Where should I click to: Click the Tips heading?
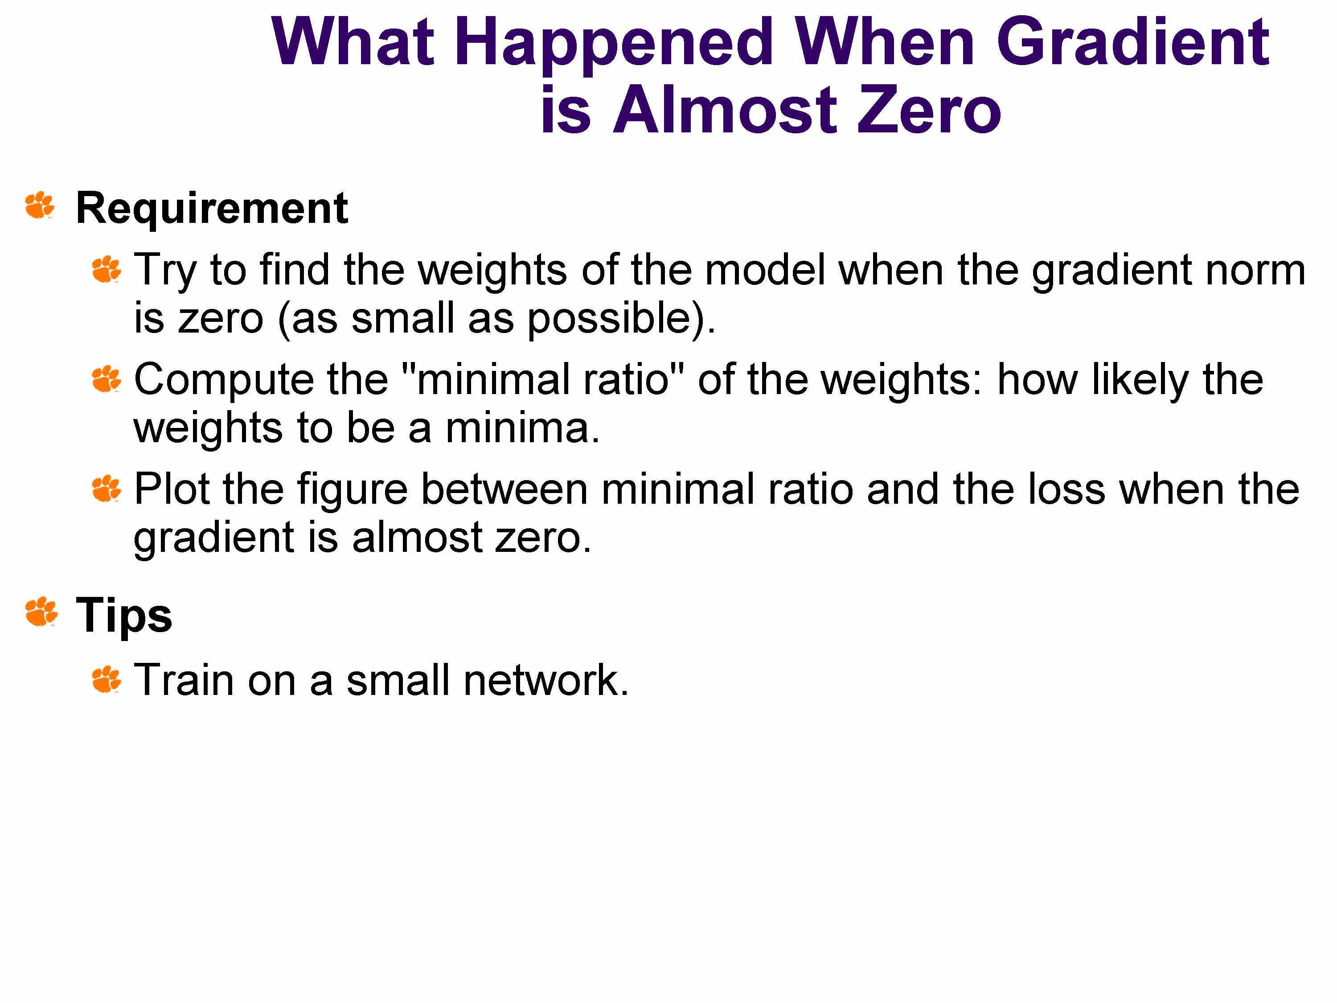[x=124, y=616]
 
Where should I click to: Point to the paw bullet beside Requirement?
[x=40, y=206]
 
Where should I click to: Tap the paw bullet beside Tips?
[x=41, y=612]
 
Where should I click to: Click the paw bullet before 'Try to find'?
[x=107, y=269]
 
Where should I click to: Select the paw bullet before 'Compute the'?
[x=107, y=379]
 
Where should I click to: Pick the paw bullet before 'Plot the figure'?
[x=107, y=489]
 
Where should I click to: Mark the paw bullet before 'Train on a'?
[x=107, y=679]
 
